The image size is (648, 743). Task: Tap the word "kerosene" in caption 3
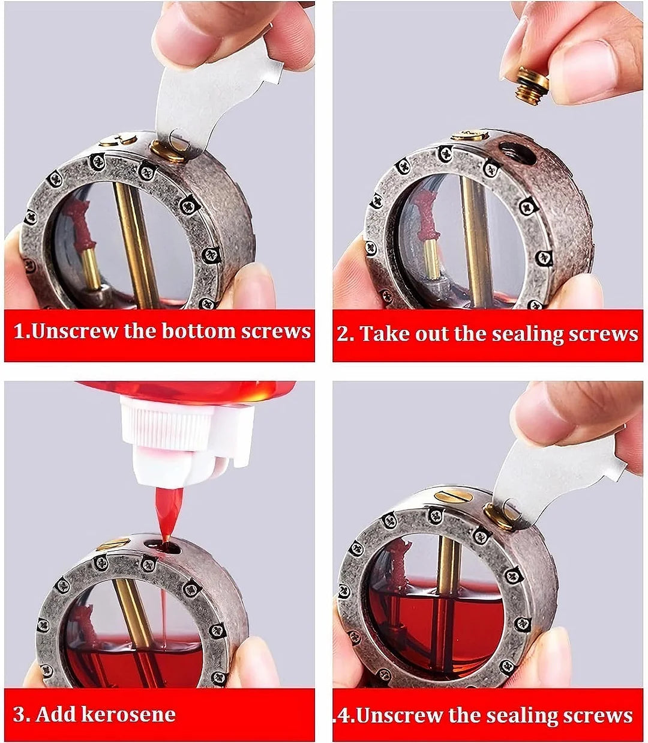[x=128, y=714]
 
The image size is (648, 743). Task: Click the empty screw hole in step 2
[x=518, y=154]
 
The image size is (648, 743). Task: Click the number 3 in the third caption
[x=20, y=714]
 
